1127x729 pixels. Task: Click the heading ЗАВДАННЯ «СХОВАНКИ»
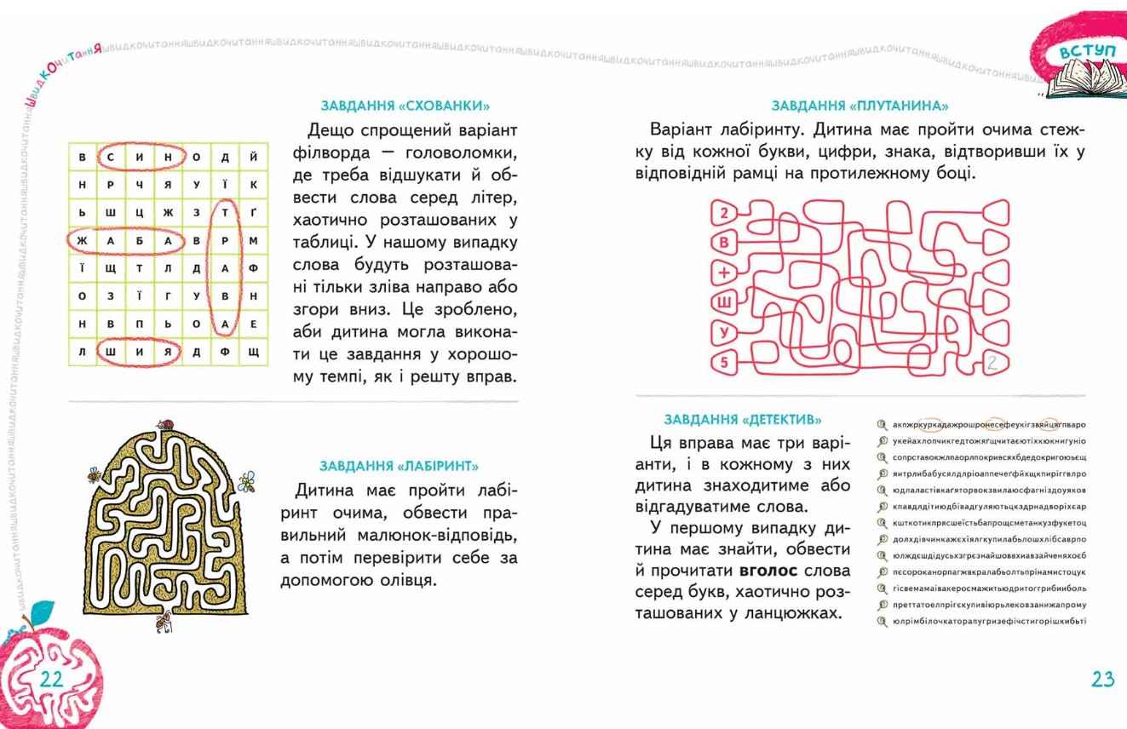(x=405, y=106)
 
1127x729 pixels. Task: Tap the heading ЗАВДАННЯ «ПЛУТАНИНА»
(x=860, y=106)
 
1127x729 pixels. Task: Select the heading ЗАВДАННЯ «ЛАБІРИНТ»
(x=399, y=466)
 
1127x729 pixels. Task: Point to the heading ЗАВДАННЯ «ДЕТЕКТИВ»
(x=743, y=419)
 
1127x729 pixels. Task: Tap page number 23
(x=1102, y=679)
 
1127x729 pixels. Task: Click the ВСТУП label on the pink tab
(x=1086, y=52)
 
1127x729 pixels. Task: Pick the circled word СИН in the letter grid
(x=140, y=157)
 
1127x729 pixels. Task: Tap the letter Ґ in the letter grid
(x=253, y=213)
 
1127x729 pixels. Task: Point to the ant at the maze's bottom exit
(x=164, y=623)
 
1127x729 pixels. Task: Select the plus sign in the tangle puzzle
(x=724, y=272)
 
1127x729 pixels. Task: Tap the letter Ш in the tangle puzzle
(x=724, y=302)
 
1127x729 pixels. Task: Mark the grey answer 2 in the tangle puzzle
(x=991, y=364)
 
